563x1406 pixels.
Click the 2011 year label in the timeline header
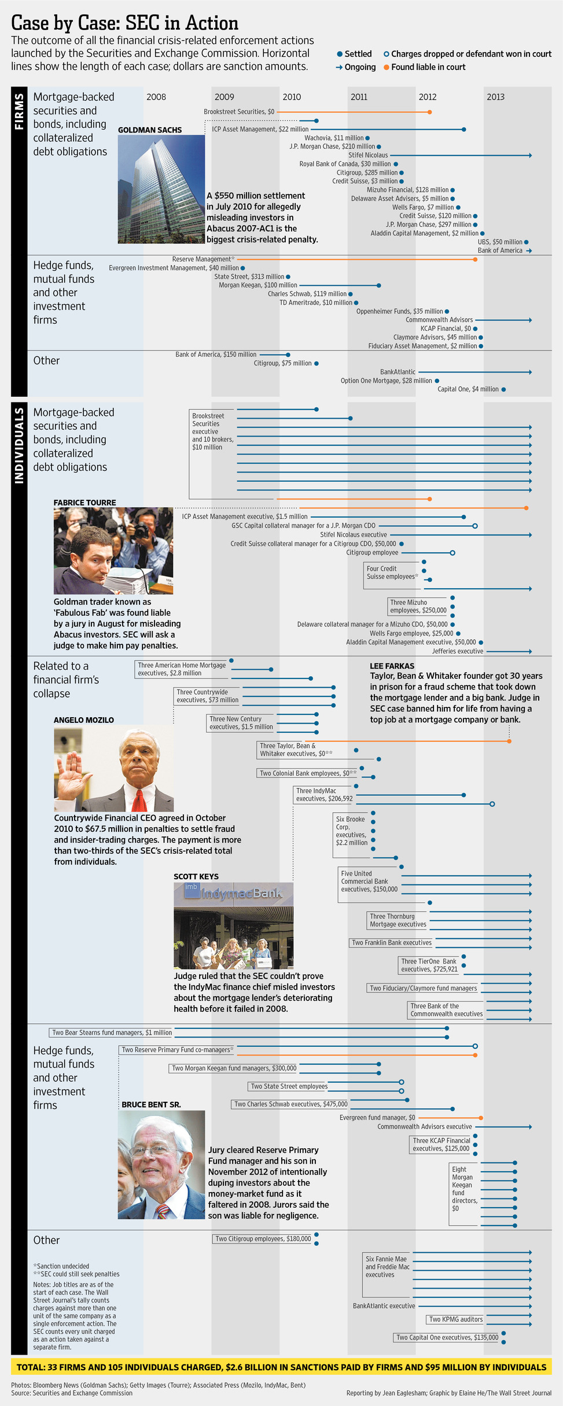(359, 97)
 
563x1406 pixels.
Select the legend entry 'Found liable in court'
(428, 67)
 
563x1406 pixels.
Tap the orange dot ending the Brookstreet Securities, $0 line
(429, 112)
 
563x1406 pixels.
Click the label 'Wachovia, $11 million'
(334, 138)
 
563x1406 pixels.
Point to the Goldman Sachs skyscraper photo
(161, 189)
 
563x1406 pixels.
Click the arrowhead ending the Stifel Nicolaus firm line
(529, 155)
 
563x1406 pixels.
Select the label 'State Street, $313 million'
(249, 276)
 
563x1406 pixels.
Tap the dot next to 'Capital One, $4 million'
(503, 389)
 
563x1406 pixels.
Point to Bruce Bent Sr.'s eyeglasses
(151, 1150)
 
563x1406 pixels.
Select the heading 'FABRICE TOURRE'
(84, 503)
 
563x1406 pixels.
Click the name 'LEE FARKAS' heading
(392, 666)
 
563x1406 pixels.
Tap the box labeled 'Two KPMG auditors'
(455, 1319)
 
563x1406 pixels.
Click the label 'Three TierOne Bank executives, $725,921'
(429, 965)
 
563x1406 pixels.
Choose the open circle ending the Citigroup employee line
(452, 553)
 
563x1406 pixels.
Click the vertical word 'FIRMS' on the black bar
(19, 112)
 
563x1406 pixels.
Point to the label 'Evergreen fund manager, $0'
(377, 1117)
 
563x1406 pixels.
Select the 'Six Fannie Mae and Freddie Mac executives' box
(387, 1267)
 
